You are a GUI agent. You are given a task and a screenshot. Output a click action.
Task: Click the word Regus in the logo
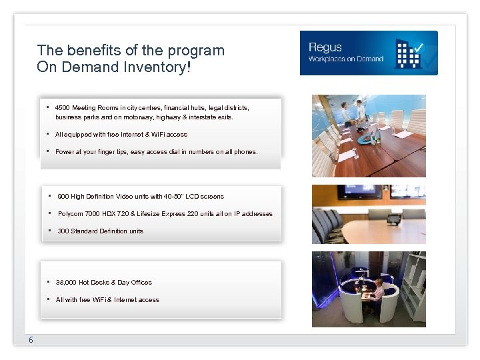325,47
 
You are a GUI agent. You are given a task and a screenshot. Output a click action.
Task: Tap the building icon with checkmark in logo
408,53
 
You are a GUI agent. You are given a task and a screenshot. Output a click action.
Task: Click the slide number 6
31,341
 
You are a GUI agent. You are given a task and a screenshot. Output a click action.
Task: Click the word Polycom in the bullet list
70,214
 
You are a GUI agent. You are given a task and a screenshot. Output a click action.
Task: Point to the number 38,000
66,283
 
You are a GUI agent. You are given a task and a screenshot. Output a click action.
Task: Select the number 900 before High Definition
63,197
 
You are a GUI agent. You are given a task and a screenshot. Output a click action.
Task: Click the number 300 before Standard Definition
63,231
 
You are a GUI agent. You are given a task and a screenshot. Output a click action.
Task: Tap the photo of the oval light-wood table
369,215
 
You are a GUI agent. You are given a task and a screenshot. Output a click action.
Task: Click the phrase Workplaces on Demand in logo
345,59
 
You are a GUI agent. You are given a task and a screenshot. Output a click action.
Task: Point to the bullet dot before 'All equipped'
49,134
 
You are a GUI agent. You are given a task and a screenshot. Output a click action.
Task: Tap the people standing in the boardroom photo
352,111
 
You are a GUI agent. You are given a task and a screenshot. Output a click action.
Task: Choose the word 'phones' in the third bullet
245,152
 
